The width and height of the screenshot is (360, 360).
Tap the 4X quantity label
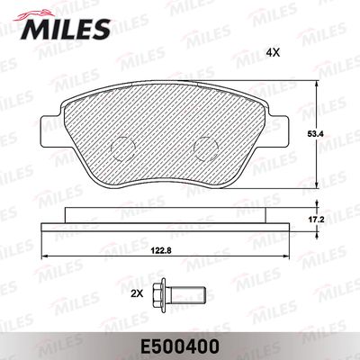(x=273, y=53)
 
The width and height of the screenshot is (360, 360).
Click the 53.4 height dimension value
(x=316, y=134)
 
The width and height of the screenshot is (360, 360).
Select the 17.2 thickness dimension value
(x=317, y=220)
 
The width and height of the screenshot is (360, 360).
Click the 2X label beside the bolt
(x=137, y=294)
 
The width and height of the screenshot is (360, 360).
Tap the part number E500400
(x=180, y=347)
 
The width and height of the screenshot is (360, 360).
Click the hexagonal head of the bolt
(x=160, y=291)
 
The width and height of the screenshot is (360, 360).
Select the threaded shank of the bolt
(x=186, y=291)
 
